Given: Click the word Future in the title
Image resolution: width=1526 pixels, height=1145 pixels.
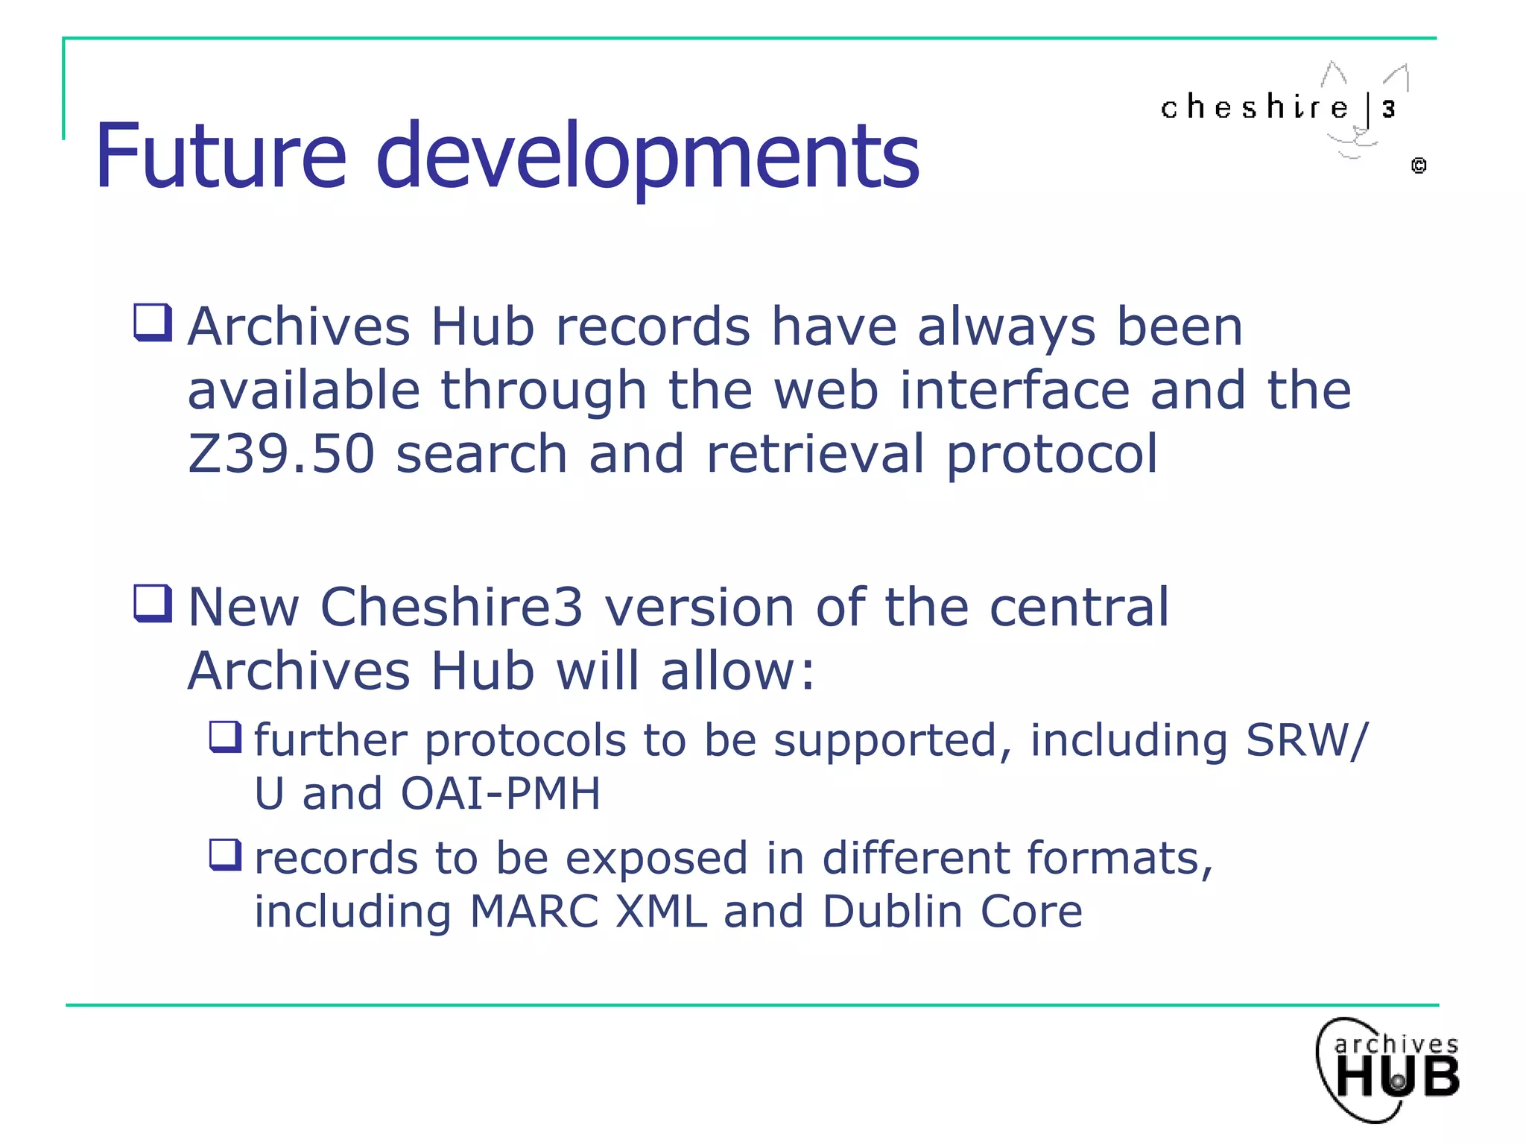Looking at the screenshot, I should pyautogui.click(x=221, y=157).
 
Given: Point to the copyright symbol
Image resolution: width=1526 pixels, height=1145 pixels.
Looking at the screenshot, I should pyautogui.click(x=1419, y=165).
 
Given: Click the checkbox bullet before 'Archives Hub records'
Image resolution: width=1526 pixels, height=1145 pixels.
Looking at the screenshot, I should pyautogui.click(x=153, y=323).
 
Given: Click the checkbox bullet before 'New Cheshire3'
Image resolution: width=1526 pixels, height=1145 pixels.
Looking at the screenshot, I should pyautogui.click(x=153, y=603).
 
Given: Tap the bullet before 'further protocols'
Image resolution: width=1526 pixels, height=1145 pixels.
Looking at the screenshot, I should pyautogui.click(x=225, y=736).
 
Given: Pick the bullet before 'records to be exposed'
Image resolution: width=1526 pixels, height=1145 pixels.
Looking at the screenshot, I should pyautogui.click(x=225, y=854).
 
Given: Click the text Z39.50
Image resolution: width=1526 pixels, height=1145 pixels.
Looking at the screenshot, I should pyautogui.click(x=281, y=454).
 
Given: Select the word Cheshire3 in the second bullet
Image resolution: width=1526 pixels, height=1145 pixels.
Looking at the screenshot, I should pyautogui.click(x=451, y=607).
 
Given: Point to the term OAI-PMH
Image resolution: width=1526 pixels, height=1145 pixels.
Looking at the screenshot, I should pyautogui.click(x=501, y=793).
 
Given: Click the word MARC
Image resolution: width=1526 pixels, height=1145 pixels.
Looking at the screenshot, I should pyautogui.click(x=534, y=912).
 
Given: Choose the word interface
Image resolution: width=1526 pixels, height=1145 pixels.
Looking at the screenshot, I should pyautogui.click(x=1014, y=391).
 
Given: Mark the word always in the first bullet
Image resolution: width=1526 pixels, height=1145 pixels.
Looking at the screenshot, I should pyautogui.click(x=1007, y=328).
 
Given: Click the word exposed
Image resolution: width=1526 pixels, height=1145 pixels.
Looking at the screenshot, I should pyautogui.click(x=656, y=859).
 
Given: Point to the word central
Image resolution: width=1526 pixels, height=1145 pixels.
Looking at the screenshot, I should pyautogui.click(x=1079, y=607).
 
